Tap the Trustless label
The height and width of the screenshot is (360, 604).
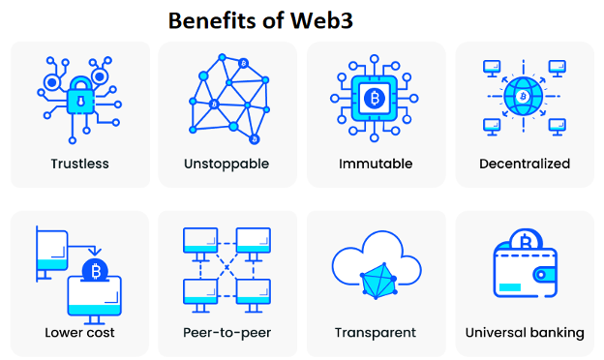tap(79, 164)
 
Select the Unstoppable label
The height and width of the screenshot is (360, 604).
tap(226, 164)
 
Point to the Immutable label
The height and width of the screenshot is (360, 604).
tap(376, 164)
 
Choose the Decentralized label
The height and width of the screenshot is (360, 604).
tap(525, 164)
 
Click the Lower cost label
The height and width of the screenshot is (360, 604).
tap(79, 333)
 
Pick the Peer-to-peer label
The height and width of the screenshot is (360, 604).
tap(226, 333)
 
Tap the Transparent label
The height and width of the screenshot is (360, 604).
tap(376, 333)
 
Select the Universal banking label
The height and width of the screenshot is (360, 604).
tap(525, 333)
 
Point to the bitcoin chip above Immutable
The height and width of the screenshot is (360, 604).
tap(375, 98)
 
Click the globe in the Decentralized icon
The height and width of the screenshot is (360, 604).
tap(524, 97)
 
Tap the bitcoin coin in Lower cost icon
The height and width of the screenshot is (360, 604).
tap(94, 269)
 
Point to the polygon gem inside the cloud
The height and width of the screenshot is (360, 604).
tap(377, 285)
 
